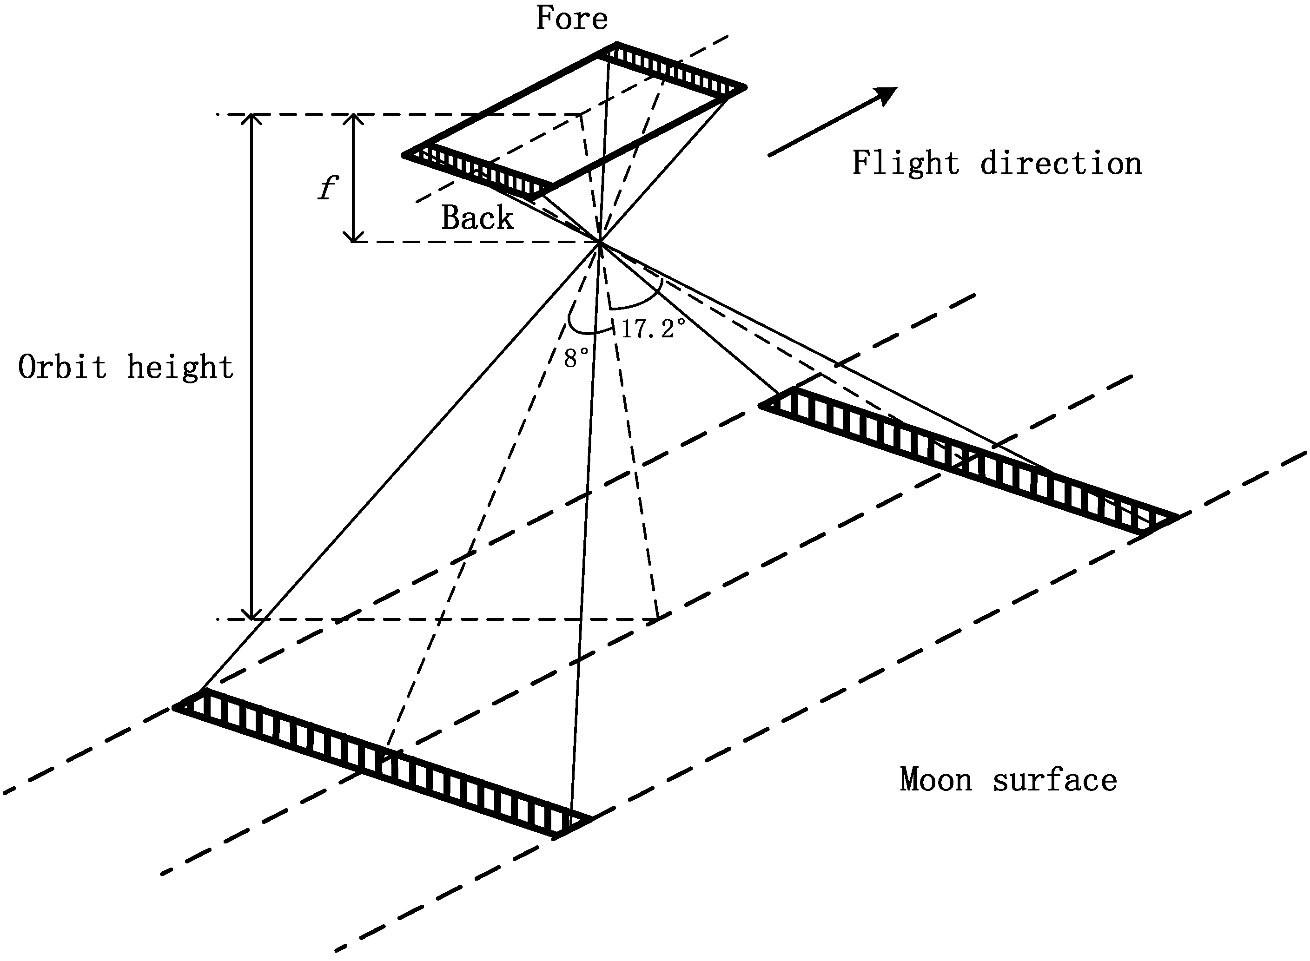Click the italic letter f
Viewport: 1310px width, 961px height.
328,187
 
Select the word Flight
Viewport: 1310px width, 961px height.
906,164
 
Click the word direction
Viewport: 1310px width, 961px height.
1061,164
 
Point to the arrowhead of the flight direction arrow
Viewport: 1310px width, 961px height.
886,95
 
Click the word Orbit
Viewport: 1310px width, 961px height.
63,367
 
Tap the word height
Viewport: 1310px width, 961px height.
180,367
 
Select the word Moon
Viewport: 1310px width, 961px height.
936,779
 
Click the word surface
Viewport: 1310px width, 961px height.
1054,779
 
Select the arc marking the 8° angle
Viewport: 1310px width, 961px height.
585,332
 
